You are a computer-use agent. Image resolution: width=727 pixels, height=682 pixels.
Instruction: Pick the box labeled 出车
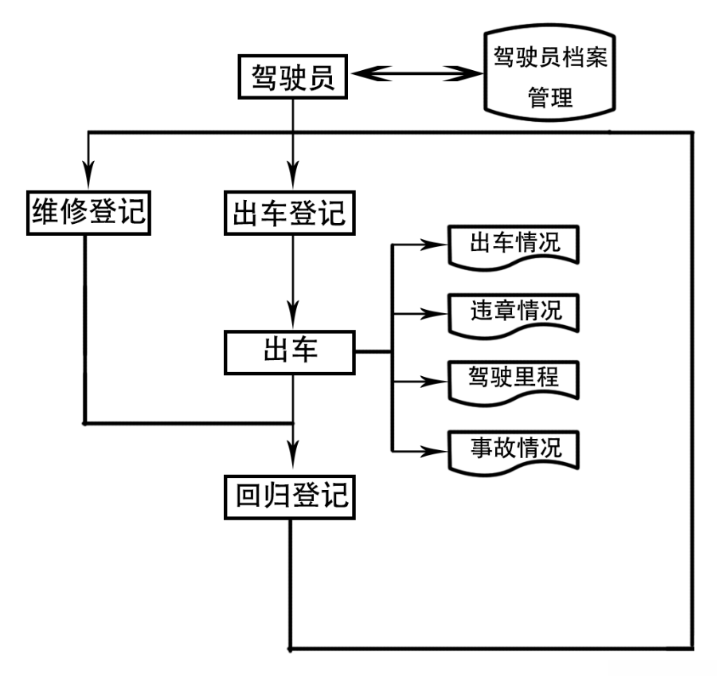291,353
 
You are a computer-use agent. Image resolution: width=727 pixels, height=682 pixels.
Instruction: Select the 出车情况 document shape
514,246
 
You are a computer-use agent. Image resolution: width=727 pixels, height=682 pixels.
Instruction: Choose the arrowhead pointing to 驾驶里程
434,382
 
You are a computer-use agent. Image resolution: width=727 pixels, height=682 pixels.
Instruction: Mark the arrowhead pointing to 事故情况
434,451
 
